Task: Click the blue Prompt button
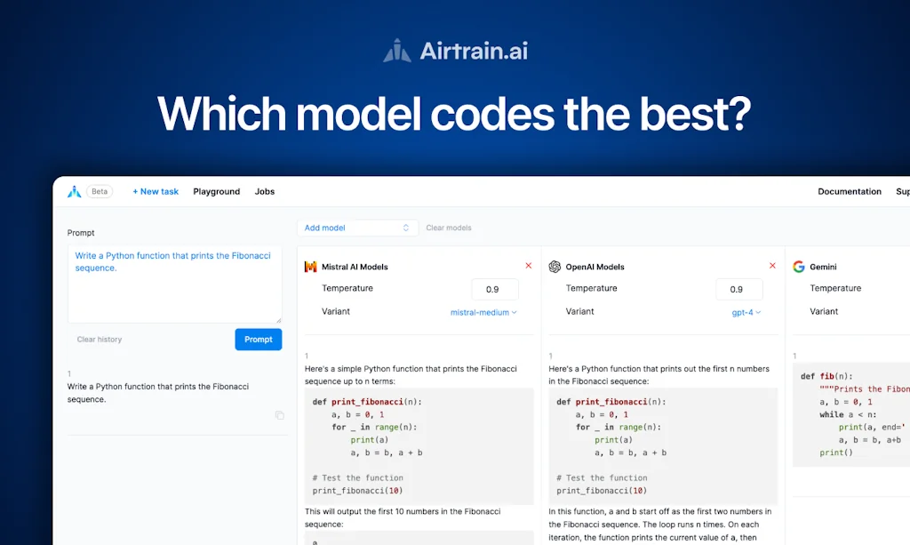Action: tap(259, 339)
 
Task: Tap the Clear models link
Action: tap(449, 228)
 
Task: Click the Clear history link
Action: tap(100, 340)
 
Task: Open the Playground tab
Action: tap(217, 191)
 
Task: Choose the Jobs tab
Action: tap(265, 191)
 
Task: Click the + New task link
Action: tap(156, 191)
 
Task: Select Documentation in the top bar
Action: tap(850, 191)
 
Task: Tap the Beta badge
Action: tap(100, 191)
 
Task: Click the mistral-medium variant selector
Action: tap(483, 312)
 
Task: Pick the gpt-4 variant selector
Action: tap(745, 312)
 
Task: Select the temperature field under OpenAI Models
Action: tap(737, 289)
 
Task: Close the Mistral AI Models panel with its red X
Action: tap(529, 266)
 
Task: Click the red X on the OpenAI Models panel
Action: tap(772, 266)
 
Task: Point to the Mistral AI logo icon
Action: tap(310, 267)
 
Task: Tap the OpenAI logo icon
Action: tap(555, 267)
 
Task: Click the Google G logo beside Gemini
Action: tap(799, 267)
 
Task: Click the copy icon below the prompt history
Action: tap(280, 415)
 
